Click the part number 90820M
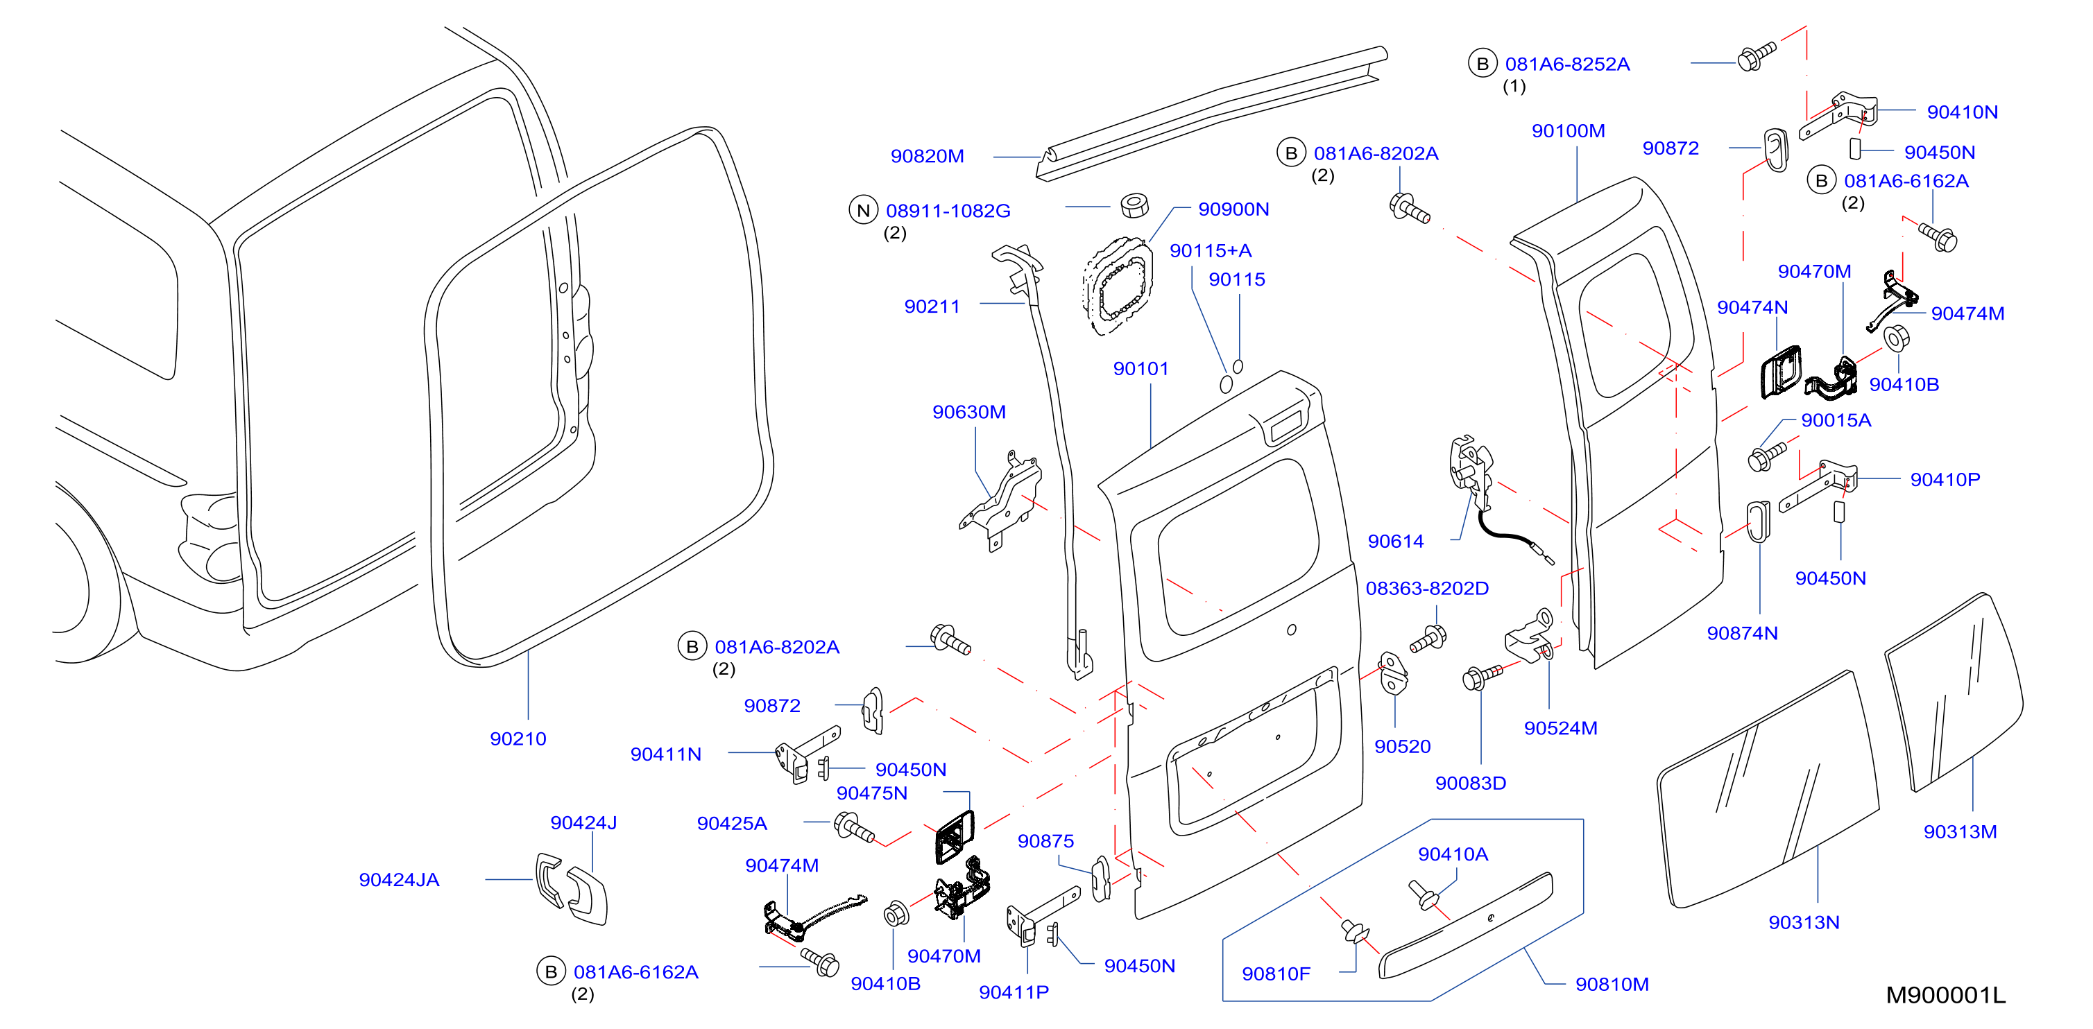tap(927, 156)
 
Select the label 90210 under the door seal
tap(518, 739)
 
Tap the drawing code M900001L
tap(1945, 995)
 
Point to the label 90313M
tap(1960, 831)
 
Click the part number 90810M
tap(1612, 985)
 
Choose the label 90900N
tap(1233, 209)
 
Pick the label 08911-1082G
tap(948, 211)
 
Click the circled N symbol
tap(864, 210)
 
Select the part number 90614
tap(1396, 542)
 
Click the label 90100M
tap(1568, 131)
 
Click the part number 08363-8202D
tap(1427, 589)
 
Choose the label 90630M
tap(968, 413)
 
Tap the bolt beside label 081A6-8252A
tap(1757, 56)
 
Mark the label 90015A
tap(1836, 421)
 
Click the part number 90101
tap(1141, 369)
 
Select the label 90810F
tap(1276, 974)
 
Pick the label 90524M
tap(1560, 729)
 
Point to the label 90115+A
tap(1211, 251)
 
